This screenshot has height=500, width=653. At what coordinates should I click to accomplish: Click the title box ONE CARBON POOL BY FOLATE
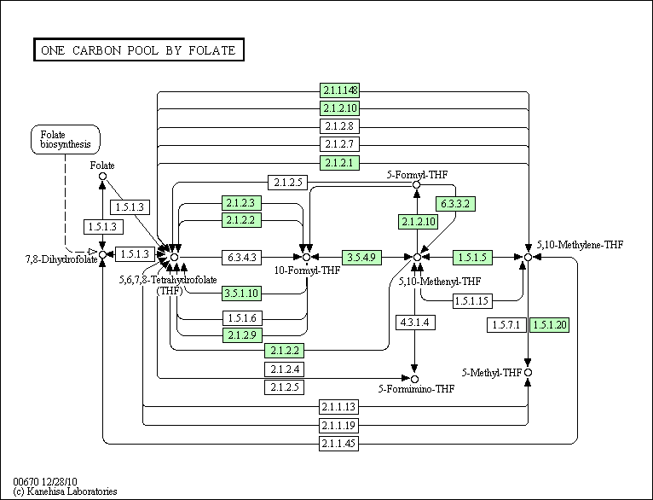point(139,50)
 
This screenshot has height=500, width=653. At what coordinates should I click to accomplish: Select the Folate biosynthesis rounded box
point(66,140)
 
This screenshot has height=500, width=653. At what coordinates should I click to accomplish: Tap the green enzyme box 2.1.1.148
point(339,90)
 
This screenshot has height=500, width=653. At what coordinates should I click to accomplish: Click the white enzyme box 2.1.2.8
point(339,125)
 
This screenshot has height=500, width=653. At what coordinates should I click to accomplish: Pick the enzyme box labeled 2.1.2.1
point(339,162)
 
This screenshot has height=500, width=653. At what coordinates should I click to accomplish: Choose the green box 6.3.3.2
point(455,204)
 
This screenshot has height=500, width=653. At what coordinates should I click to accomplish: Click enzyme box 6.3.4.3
point(241,257)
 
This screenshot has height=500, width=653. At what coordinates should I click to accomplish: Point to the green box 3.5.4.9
point(361,257)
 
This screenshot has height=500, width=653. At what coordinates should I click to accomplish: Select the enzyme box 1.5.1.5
point(472,257)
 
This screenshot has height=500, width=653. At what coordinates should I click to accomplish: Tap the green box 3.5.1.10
point(241,293)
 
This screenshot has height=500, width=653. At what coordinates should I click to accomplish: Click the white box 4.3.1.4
point(415,322)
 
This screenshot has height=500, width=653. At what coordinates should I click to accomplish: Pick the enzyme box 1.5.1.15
point(472,301)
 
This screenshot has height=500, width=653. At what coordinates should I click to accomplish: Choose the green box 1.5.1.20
point(549,324)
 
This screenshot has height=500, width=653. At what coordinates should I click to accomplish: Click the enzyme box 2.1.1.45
point(338,444)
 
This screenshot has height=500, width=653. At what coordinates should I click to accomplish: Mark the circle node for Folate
point(102,177)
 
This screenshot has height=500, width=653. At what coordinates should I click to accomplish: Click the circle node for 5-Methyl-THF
point(528,373)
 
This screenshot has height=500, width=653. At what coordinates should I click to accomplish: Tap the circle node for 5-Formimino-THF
point(414,379)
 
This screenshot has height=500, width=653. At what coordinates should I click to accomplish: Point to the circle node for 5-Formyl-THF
point(416,184)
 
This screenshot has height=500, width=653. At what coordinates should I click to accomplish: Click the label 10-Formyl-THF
point(307,270)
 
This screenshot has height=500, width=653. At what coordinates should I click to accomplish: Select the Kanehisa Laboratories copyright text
point(65,491)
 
